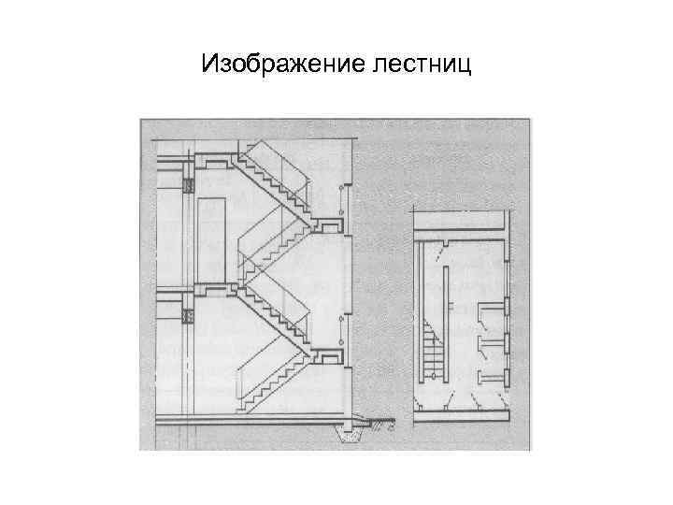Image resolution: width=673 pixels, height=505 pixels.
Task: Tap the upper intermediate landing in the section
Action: pyautogui.click(x=328, y=224)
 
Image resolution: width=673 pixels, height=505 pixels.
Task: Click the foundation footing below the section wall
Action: pyautogui.click(x=350, y=432)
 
